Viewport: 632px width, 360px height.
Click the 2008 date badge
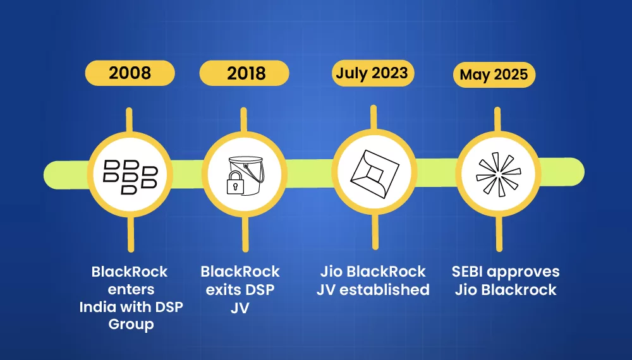[130, 73]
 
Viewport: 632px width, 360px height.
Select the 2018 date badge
[245, 73]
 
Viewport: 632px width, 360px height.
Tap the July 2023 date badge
[371, 73]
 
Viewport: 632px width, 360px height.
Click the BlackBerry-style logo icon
[129, 172]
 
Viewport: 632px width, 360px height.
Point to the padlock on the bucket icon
[235, 184]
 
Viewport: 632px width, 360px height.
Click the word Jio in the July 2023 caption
[332, 272]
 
